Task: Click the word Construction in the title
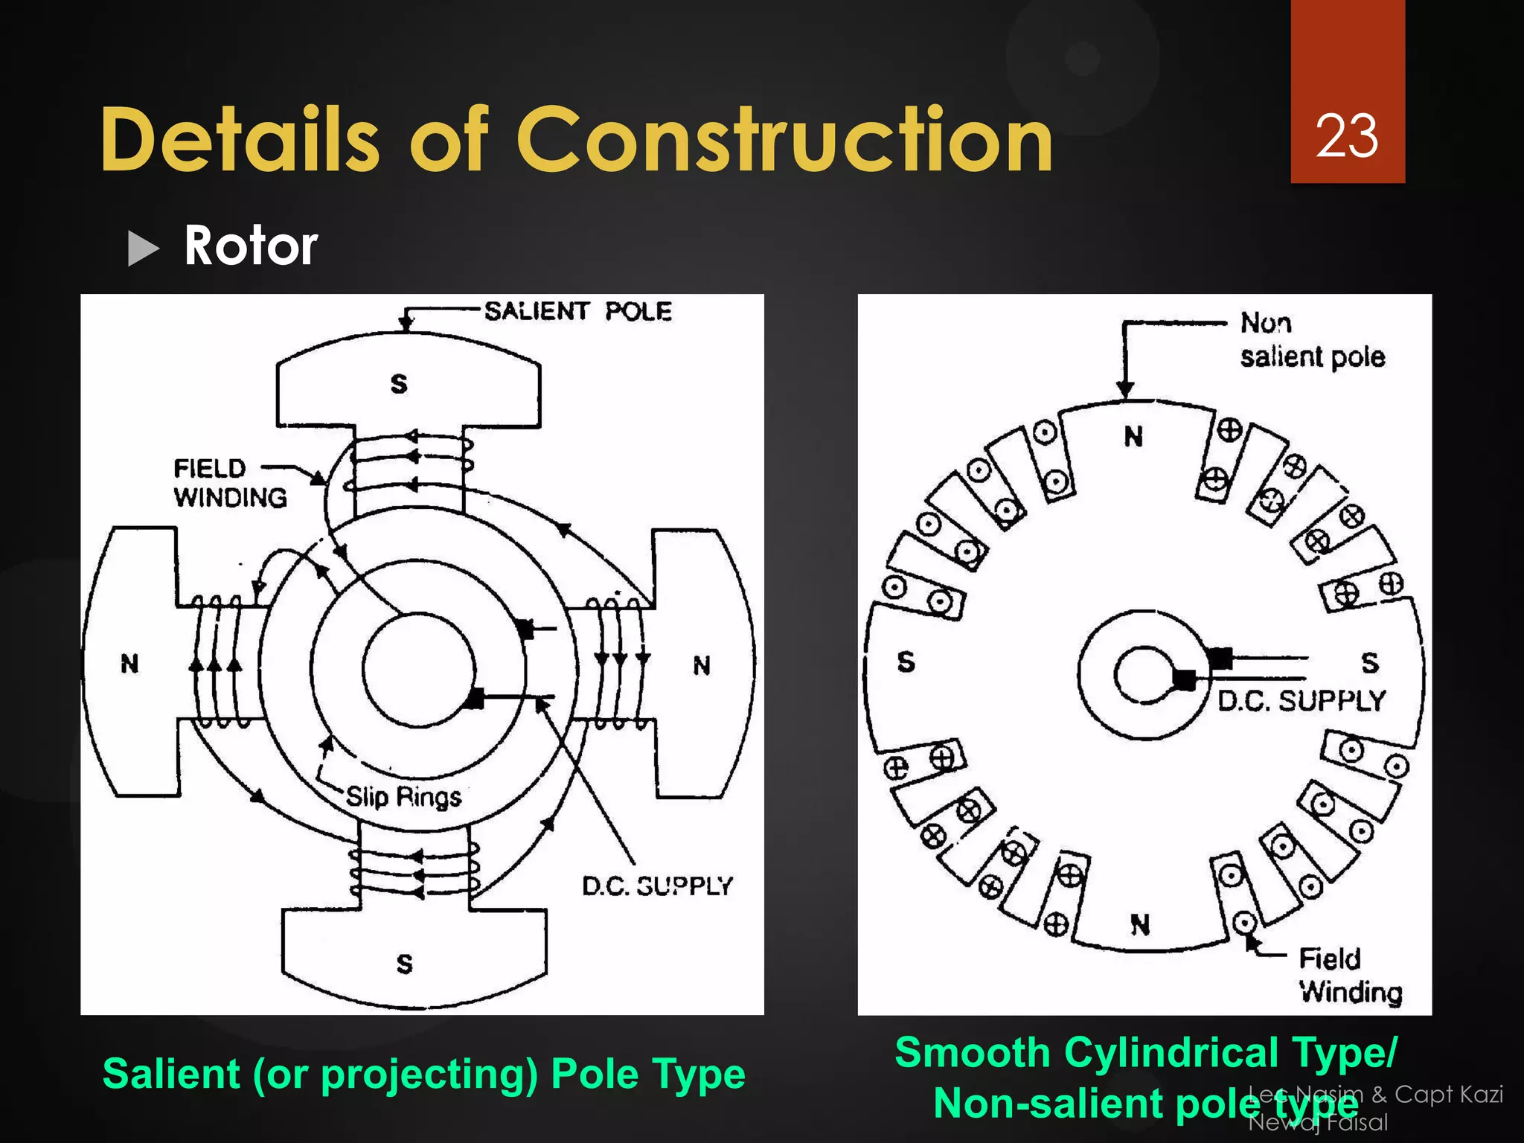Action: click(784, 140)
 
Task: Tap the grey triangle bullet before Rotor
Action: click(144, 248)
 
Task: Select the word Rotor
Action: click(251, 246)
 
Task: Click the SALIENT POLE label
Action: click(577, 311)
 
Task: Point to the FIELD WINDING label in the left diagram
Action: click(230, 483)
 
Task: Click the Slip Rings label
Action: click(403, 797)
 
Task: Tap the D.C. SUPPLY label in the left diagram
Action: click(657, 886)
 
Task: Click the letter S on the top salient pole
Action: click(400, 384)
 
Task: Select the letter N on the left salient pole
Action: click(130, 664)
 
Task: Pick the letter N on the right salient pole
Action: click(702, 665)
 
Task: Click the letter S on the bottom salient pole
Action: click(404, 964)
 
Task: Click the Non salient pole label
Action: click(1311, 340)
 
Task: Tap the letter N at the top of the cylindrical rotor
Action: click(1133, 437)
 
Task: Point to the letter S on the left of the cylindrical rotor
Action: click(906, 662)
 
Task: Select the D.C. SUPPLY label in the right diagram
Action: click(1301, 701)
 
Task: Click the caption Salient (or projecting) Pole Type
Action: click(423, 1074)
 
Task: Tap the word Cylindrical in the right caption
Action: click(1171, 1053)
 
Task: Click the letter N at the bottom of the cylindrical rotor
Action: click(1140, 925)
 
